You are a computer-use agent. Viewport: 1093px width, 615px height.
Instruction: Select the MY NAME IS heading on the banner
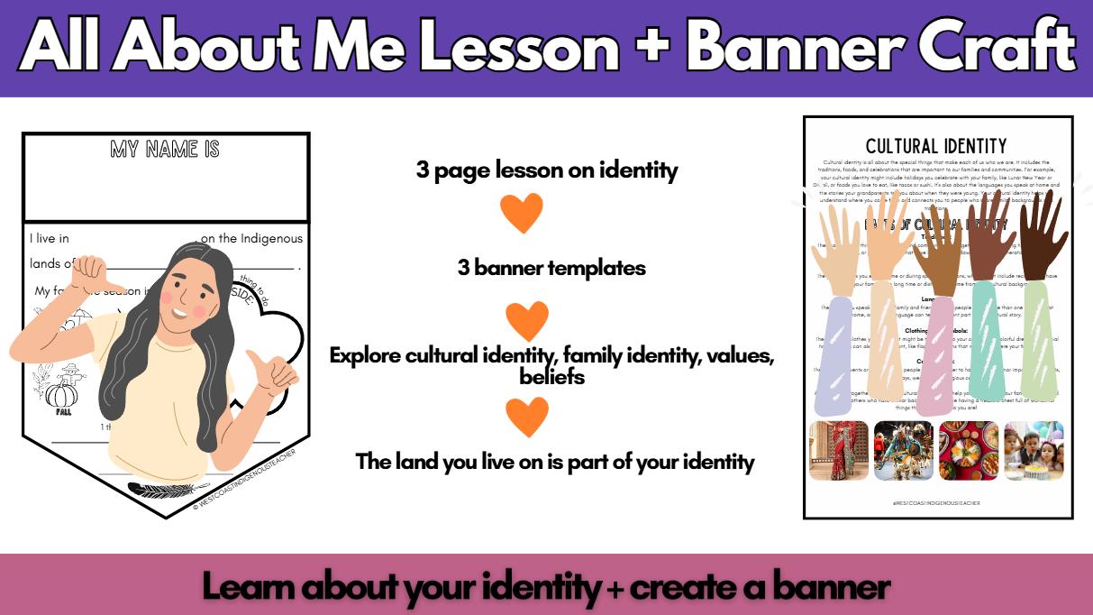tap(165, 149)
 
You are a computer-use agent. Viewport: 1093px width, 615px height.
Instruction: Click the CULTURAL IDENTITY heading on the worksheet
tap(936, 146)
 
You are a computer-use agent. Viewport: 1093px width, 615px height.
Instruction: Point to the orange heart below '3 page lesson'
tap(522, 213)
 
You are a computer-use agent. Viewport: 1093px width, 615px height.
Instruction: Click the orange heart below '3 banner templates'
tap(527, 320)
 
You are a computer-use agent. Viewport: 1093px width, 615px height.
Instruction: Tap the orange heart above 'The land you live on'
tap(527, 416)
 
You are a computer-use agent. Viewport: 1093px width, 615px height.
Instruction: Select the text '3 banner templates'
tap(551, 268)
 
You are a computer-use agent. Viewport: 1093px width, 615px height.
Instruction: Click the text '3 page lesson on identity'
tap(546, 170)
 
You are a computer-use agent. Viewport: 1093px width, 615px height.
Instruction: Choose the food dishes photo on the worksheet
tap(969, 450)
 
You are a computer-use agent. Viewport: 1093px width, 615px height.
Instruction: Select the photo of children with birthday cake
tap(1034, 450)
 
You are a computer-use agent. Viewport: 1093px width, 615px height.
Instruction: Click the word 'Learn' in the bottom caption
tap(249, 587)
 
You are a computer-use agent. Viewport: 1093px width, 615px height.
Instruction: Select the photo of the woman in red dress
tap(839, 450)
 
